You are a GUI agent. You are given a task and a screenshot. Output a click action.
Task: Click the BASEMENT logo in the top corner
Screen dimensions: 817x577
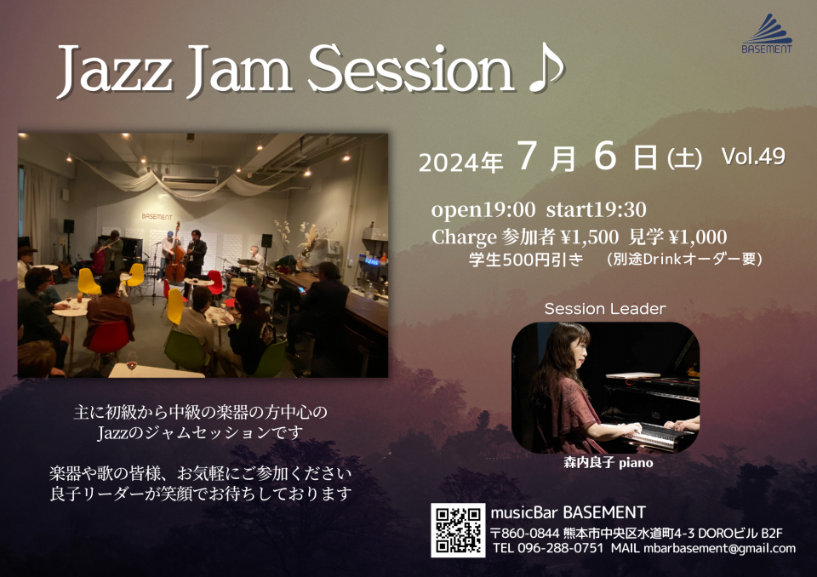[767, 34]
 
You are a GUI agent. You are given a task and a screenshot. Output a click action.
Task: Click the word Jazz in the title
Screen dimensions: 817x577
[115, 71]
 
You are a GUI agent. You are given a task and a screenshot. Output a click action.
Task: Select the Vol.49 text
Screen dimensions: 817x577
[753, 156]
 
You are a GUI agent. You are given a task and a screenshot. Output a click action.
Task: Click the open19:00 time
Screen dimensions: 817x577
[483, 209]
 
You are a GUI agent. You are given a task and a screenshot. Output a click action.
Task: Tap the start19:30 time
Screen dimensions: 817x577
[596, 209]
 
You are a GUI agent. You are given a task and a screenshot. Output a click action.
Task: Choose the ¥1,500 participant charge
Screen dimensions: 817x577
[590, 237]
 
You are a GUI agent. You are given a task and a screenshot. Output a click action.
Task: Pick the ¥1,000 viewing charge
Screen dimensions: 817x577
[698, 237]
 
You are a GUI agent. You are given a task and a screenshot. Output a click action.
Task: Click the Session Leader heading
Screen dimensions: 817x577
[605, 309]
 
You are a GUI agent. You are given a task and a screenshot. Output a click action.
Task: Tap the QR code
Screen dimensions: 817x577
[458, 530]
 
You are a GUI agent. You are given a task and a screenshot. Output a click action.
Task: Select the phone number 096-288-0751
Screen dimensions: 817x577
[561, 548]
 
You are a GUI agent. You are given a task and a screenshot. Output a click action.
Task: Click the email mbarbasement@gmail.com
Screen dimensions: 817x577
[720, 549]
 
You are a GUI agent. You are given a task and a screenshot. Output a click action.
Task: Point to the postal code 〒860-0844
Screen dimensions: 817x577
[525, 534]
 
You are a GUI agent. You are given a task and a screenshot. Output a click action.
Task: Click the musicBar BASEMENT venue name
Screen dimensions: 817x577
[568, 512]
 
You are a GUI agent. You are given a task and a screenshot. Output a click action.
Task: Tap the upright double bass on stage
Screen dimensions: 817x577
[175, 255]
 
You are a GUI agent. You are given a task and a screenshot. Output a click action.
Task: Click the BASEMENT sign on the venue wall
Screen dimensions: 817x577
[157, 216]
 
